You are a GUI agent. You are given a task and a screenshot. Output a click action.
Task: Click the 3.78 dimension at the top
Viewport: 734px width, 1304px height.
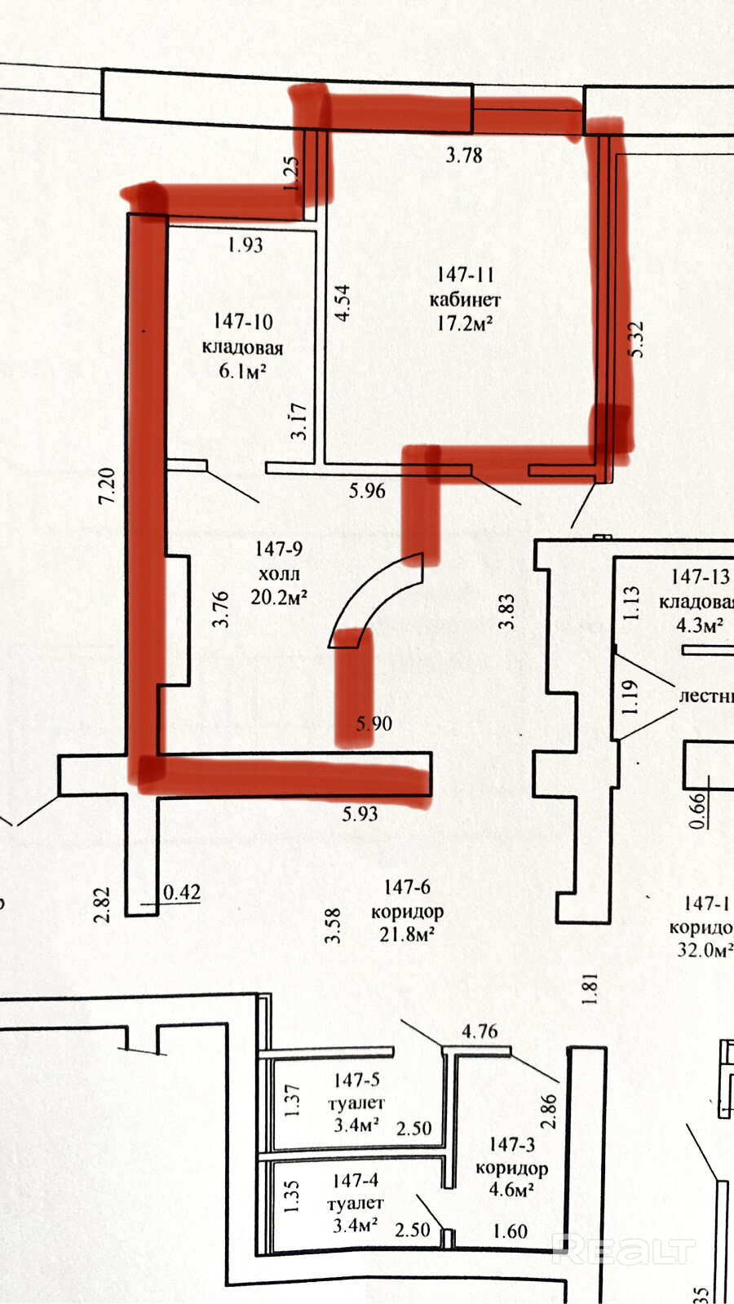(x=463, y=154)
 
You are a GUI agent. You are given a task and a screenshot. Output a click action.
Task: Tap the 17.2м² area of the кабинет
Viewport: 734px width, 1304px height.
(x=464, y=323)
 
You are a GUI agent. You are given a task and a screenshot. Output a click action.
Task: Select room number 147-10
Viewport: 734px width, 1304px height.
(x=243, y=322)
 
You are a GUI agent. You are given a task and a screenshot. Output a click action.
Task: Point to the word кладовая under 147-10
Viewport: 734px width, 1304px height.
(x=243, y=347)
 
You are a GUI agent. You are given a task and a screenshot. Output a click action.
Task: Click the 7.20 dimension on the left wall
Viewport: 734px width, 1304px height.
(x=107, y=484)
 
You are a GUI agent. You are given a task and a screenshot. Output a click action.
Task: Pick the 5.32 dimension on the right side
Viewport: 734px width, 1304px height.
(x=637, y=338)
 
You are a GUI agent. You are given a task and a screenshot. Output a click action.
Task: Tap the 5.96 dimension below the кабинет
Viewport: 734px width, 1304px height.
(x=367, y=490)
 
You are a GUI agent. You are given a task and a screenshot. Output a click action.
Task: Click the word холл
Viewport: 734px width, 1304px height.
(x=279, y=573)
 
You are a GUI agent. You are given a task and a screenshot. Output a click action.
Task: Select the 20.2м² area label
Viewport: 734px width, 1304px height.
(x=279, y=597)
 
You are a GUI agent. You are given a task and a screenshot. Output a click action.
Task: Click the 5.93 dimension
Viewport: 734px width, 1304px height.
(x=360, y=813)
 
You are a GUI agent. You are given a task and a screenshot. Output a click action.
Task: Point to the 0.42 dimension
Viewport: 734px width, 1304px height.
(x=181, y=892)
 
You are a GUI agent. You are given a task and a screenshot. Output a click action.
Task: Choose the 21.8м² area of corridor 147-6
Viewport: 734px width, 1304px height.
(x=406, y=934)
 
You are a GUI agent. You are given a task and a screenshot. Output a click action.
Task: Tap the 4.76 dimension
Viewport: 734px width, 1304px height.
(x=480, y=1031)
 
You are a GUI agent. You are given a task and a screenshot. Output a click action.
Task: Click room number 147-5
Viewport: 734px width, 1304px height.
(x=356, y=1080)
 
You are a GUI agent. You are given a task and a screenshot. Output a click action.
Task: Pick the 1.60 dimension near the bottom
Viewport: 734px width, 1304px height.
(x=511, y=1231)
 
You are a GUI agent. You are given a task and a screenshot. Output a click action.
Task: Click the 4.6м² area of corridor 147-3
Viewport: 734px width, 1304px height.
(x=511, y=1190)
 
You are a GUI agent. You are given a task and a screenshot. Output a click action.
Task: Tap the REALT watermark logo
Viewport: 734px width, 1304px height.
(x=623, y=1249)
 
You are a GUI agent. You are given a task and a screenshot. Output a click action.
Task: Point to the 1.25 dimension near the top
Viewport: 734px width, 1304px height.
(x=292, y=174)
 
